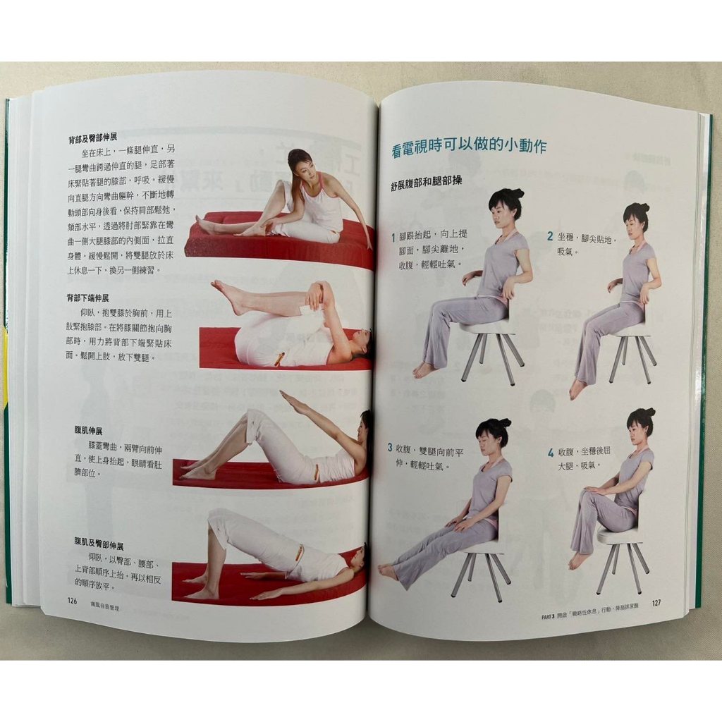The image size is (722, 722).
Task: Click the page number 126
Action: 71,601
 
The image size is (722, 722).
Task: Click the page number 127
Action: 656,603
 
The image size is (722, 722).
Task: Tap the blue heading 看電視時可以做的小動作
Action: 469,148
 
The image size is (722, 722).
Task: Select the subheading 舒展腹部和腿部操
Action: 427,182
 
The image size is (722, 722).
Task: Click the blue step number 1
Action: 394,238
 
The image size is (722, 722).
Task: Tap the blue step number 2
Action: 550,237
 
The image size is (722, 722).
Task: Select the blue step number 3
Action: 389,447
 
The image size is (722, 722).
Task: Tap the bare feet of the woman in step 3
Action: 388,571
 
